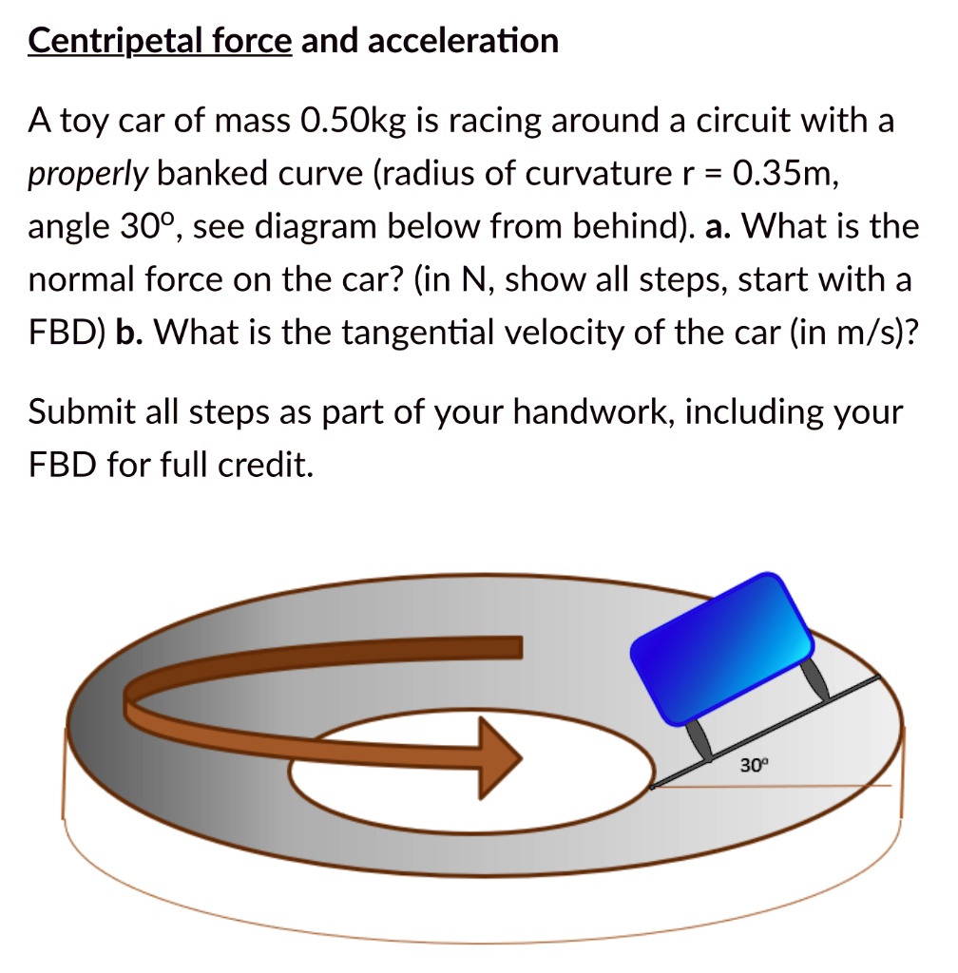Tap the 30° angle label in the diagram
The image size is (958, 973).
[751, 764]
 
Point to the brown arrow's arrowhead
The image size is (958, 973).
[500, 757]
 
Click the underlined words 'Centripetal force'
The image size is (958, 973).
[160, 41]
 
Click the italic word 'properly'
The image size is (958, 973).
[87, 174]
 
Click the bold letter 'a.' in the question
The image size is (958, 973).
[718, 227]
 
